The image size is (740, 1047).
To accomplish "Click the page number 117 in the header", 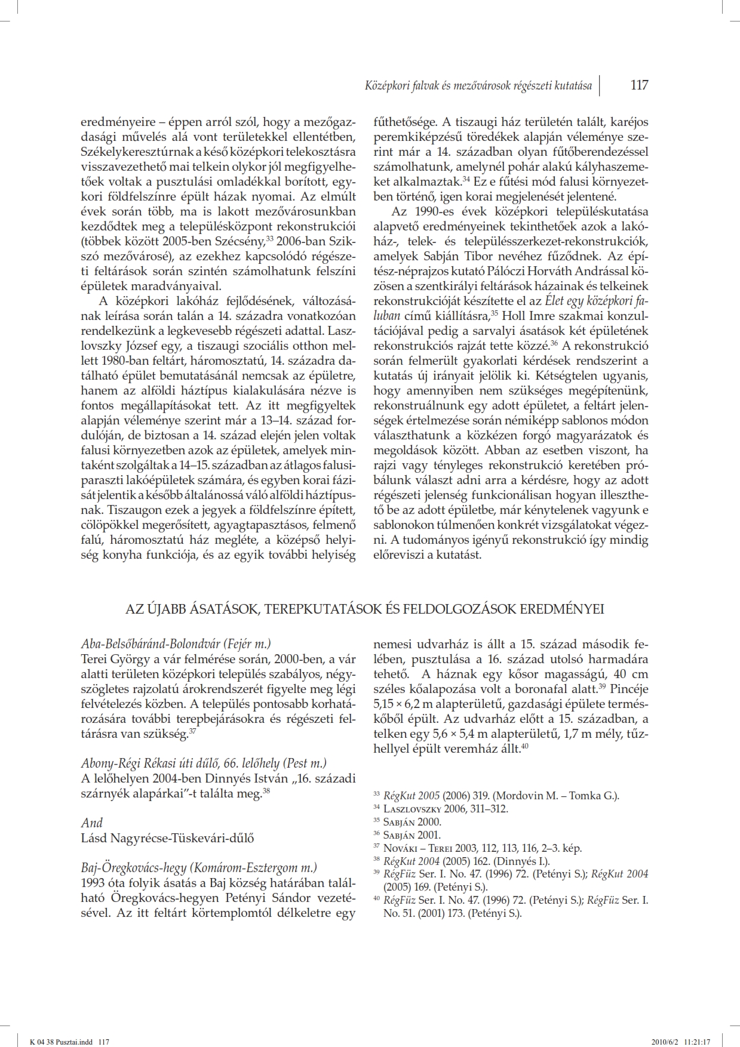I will point(639,85).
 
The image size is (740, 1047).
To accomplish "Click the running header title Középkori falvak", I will point(478,86).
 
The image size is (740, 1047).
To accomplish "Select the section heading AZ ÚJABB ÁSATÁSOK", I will point(364,609).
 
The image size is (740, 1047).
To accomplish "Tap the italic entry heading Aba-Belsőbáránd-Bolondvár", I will point(176,644).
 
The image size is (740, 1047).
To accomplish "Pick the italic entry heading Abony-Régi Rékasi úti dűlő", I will point(204,763).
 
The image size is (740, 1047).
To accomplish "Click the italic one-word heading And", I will point(91,823).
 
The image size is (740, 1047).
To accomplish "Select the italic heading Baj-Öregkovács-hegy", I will point(198,867).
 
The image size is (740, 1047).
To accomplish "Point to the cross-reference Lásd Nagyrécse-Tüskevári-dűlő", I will point(167,837).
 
